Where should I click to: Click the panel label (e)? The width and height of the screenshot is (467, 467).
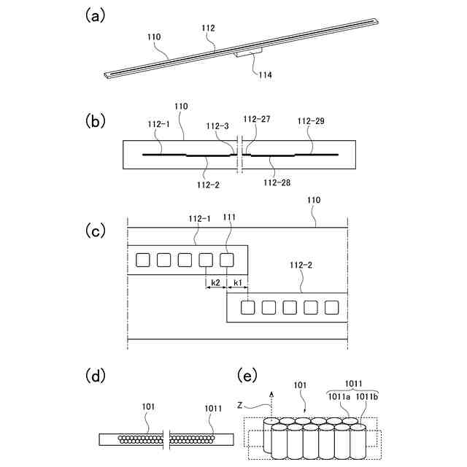[x=249, y=377]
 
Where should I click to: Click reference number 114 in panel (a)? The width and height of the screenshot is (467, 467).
[x=263, y=74]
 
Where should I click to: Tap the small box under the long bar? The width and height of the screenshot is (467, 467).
[x=249, y=53]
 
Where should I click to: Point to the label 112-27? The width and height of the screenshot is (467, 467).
[x=256, y=119]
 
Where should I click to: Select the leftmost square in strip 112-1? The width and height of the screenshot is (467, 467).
[x=144, y=259]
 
